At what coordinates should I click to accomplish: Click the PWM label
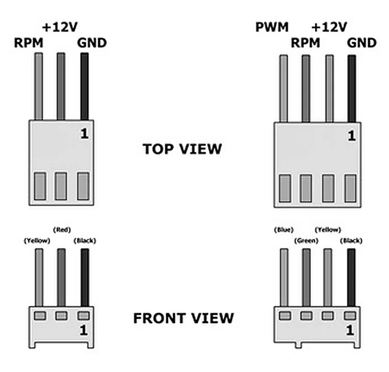pos(272,27)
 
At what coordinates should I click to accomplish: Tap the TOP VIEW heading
pos(182,149)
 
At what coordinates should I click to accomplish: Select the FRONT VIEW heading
pos(183,318)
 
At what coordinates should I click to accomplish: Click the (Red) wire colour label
pos(62,230)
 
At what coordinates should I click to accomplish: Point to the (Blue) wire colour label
pos(284,230)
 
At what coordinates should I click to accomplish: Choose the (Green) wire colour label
pos(306,241)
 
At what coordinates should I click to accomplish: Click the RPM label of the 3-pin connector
pos(28,43)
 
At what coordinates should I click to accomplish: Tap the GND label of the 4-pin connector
pos(362,43)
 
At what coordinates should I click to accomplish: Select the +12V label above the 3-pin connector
pos(60,27)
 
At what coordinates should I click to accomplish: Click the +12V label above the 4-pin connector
pos(329,27)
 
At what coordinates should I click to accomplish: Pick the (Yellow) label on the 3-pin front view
pos(37,241)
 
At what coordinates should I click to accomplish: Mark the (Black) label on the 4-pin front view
pos(351,241)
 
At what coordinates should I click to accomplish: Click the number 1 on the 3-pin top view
pos(84,134)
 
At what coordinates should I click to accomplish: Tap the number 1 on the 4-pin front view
pos(350,330)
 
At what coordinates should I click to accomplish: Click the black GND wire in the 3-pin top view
pos(85,86)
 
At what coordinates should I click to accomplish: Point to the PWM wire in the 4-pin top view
pos(284,88)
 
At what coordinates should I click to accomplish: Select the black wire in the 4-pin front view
pos(351,277)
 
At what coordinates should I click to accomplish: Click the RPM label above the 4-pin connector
pos(305,43)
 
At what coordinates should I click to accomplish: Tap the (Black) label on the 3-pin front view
pos(85,241)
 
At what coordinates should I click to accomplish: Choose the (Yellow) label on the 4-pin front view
pos(328,230)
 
